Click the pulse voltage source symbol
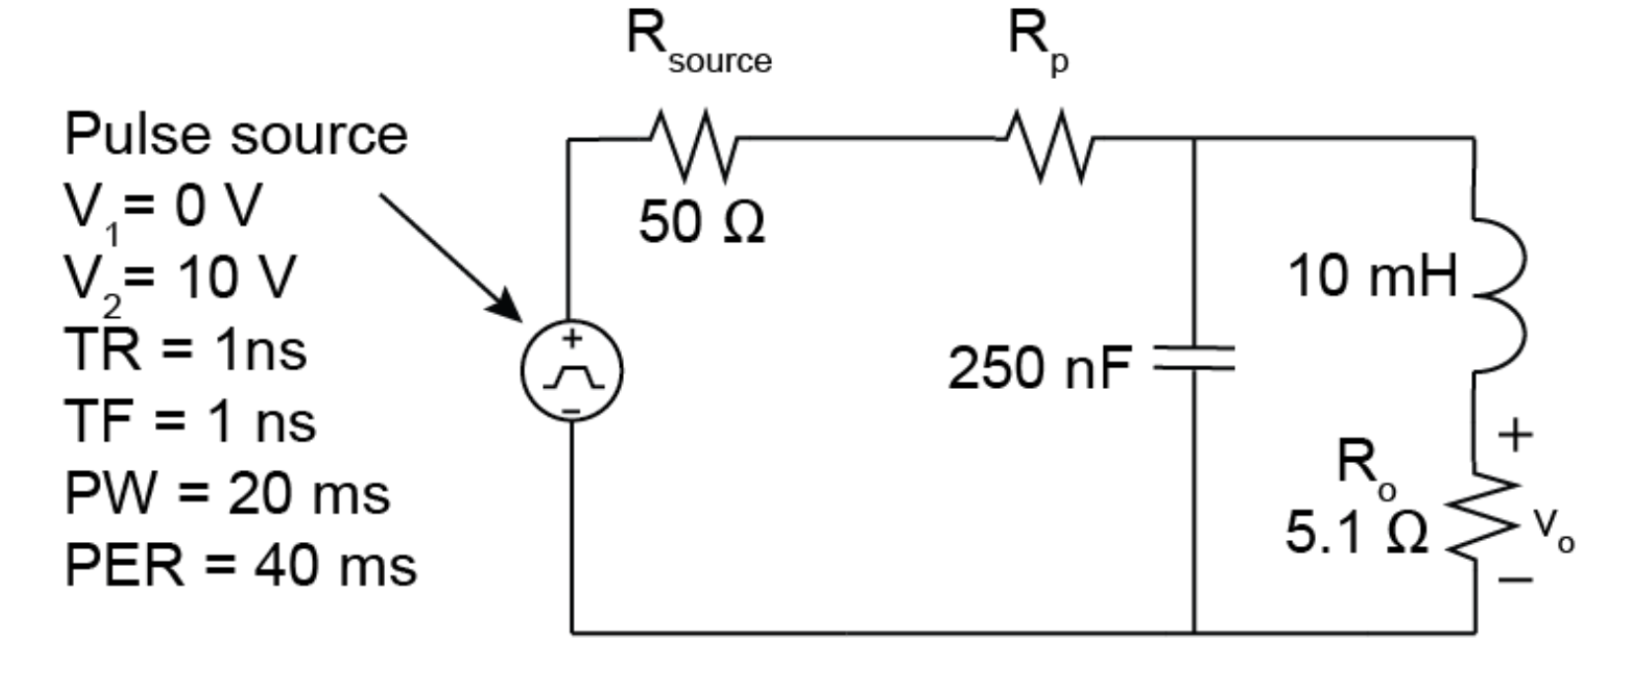(572, 371)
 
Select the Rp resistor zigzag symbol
(1049, 146)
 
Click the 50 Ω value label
(701, 221)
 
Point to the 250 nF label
(1039, 368)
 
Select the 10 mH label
(1372, 275)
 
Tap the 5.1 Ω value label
(1356, 532)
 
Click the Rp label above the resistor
(1037, 41)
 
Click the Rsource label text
(698, 43)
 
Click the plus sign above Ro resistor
(1516, 434)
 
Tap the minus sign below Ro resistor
(1516, 580)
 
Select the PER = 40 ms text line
(240, 566)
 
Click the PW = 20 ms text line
(227, 493)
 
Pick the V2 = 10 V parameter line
(180, 279)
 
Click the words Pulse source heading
(236, 134)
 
